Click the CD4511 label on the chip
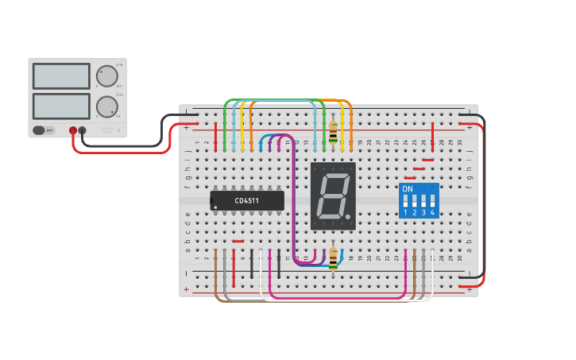tap(246, 201)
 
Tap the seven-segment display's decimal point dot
tap(348, 216)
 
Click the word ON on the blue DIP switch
tap(408, 189)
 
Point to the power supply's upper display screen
tap(61, 76)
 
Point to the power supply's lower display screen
tap(61, 106)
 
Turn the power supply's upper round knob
tap(106, 76)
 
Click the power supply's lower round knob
tap(106, 106)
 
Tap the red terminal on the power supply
tap(73, 130)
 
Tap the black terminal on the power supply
tap(83, 130)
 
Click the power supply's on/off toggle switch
tap(40, 130)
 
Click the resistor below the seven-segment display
tap(333, 257)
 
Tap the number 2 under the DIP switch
tap(414, 213)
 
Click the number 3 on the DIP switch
tap(423, 213)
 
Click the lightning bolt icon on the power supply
tap(119, 130)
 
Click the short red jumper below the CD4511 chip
tap(238, 241)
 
